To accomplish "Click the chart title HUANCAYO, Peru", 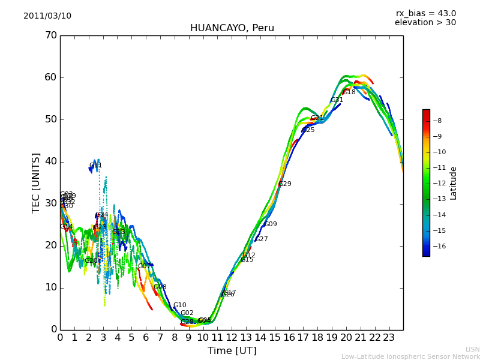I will click(x=232, y=28).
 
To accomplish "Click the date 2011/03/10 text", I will click(x=47, y=16).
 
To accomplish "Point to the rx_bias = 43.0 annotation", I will click(x=425, y=14).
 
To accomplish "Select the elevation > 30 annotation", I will click(x=425, y=23).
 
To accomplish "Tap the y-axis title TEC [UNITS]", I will click(x=37, y=182).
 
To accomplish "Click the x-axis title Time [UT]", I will click(x=232, y=351).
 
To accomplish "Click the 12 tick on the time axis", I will click(x=232, y=337).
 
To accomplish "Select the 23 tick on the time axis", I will click(x=389, y=337).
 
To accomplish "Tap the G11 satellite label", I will click(x=95, y=166).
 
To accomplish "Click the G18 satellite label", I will click(x=349, y=92).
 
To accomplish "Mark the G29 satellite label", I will click(x=285, y=184).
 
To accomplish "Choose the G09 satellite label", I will click(x=271, y=224).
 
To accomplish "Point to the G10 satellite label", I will click(x=179, y=305).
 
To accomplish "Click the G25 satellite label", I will click(x=308, y=130).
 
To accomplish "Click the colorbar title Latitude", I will click(x=454, y=183).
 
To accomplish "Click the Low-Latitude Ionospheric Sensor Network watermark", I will click(x=410, y=357).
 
